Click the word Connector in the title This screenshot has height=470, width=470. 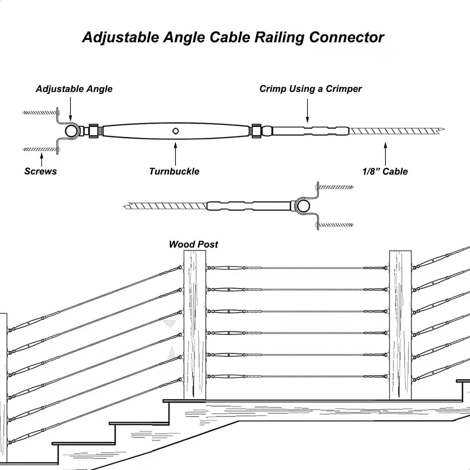click(346, 37)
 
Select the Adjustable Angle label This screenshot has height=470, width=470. click(74, 89)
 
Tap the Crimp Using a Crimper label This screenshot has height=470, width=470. click(310, 89)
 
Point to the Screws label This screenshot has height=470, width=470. click(40, 171)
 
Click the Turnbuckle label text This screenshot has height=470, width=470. click(174, 171)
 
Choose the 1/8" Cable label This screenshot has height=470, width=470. click(385, 171)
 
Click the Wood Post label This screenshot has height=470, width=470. click(193, 244)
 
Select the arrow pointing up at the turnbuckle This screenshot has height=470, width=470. click(175, 153)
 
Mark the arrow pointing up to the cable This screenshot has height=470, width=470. click(385, 153)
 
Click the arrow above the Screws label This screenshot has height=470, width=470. click(42, 159)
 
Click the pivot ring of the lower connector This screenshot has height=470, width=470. click(303, 206)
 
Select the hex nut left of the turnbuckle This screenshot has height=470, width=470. click(94, 131)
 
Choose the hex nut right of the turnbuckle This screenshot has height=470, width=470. click(256, 130)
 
